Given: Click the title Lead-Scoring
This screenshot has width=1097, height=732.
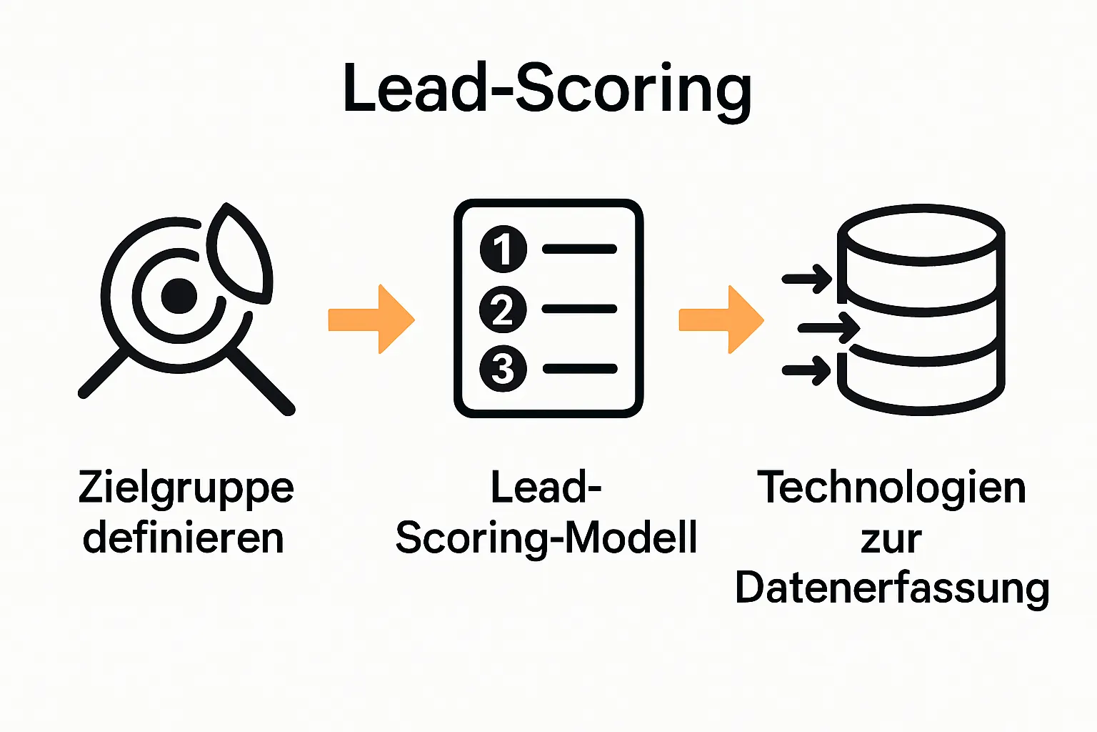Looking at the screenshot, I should pyautogui.click(x=547, y=89).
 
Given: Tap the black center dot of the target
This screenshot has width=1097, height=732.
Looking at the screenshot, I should pyautogui.click(x=179, y=296).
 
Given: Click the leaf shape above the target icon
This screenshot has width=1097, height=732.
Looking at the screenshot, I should pyautogui.click(x=241, y=252).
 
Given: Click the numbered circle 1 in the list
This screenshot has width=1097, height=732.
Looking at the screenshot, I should pyautogui.click(x=504, y=249).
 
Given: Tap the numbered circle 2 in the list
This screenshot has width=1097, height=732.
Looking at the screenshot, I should pyautogui.click(x=504, y=310).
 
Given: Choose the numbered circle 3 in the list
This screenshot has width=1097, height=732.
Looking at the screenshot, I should pyautogui.click(x=504, y=369).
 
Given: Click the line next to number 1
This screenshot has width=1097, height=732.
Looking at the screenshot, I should pyautogui.click(x=580, y=249).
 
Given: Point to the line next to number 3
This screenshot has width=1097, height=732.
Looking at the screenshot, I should pyautogui.click(x=580, y=369).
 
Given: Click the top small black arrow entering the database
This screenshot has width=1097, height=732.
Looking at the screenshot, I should pyautogui.click(x=808, y=278).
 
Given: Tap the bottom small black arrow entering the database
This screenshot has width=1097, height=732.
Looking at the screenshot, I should pyautogui.click(x=808, y=370).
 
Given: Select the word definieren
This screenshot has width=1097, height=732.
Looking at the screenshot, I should pyautogui.click(x=184, y=538).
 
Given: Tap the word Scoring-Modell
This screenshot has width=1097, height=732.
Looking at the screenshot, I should pyautogui.click(x=546, y=538).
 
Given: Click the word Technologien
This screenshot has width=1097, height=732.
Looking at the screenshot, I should pyautogui.click(x=891, y=488).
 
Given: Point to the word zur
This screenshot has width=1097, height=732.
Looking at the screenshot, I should pyautogui.click(x=891, y=540).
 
